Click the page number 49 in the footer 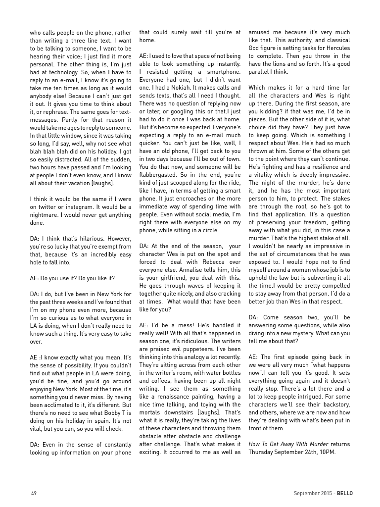tap(34, 493)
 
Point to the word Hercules tap(337, 48)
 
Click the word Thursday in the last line tap(261, 452)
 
